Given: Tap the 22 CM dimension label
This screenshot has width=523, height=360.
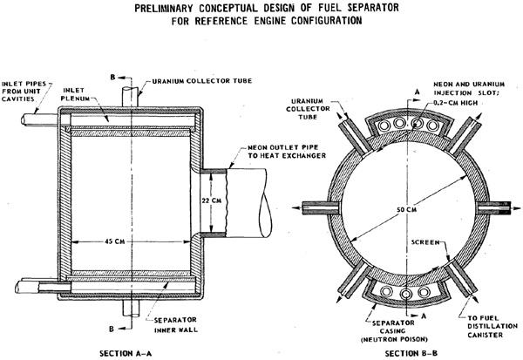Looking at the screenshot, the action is coord(212,200).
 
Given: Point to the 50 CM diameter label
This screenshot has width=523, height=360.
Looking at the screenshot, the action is coord(406,209).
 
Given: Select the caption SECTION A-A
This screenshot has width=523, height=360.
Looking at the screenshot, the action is coord(126,353).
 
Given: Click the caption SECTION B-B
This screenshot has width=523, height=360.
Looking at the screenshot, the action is coord(411,353).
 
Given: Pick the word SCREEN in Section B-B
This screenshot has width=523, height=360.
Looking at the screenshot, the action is coord(425,242).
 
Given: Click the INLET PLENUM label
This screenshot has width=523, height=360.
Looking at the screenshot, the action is coord(75,94).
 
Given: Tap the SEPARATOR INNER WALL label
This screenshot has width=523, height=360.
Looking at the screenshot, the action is coord(176,325).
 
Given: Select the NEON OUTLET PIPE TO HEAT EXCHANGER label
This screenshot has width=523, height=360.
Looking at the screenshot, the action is coord(287,152).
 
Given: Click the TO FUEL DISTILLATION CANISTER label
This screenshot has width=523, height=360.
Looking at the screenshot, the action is coord(492,326).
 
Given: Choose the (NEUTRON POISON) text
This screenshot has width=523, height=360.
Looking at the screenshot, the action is coord(394,339).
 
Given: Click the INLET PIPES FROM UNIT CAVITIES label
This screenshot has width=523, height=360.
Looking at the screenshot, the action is coord(24,92).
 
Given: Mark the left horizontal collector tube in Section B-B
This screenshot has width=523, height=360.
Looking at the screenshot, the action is coord(321,207).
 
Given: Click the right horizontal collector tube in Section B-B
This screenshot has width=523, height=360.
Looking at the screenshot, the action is coord(493,207).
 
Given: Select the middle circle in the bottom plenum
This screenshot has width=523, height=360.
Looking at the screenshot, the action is coord(406,294).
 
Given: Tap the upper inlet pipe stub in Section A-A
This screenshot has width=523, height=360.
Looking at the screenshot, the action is coord(40,120).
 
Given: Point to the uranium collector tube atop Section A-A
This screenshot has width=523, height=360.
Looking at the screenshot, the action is coord(130,97).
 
